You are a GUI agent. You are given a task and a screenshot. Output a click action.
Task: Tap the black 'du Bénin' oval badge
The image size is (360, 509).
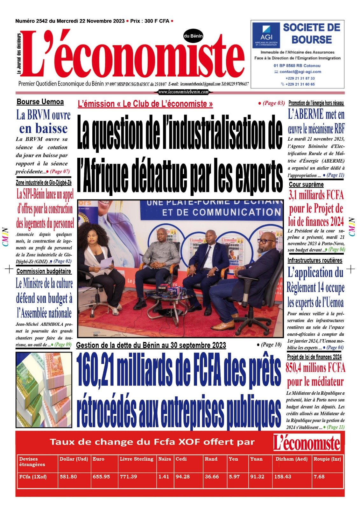click(193, 36)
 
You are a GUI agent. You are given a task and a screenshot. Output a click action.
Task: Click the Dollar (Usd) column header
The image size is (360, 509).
click(74, 459)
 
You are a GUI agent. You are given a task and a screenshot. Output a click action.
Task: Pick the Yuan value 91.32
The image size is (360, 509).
click(257, 477)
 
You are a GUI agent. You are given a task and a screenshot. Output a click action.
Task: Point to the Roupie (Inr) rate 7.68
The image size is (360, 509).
click(319, 477)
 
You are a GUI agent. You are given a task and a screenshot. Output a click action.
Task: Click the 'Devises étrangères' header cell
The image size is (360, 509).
click(32, 462)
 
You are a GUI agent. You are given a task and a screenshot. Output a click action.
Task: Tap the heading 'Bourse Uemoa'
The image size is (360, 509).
click(40, 102)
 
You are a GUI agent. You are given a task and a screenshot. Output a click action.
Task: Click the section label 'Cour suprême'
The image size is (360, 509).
click(306, 185)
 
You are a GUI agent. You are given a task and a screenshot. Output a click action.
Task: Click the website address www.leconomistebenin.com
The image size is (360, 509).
click(183, 92)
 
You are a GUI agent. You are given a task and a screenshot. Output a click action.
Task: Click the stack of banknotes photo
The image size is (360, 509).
click(44, 389)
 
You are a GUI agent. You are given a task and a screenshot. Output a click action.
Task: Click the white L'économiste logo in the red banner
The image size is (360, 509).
click(307, 443)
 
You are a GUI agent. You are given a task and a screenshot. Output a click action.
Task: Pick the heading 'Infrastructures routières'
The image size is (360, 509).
click(315, 260)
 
